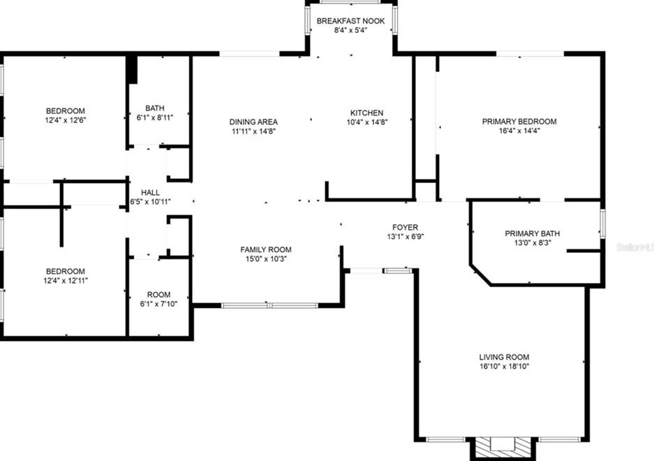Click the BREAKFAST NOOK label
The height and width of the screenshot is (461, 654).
tap(351, 21)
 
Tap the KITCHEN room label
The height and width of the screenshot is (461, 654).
tap(366, 112)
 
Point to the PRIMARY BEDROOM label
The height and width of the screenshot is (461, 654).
tap(519, 122)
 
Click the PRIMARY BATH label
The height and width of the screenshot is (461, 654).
tap(532, 233)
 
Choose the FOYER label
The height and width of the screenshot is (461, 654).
tap(405, 227)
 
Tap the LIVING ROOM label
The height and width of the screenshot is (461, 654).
tap(504, 357)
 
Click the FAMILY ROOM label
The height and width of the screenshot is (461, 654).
tap(266, 249)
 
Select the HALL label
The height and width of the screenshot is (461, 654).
tap(150, 192)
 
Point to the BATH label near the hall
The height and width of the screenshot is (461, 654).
tap(155, 108)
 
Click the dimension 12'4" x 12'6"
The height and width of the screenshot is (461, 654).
tap(66, 120)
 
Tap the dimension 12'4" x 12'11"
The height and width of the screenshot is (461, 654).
tap(66, 280)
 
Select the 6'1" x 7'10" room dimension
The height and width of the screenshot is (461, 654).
tap(158, 304)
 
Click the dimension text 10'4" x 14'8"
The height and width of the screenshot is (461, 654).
tap(366, 122)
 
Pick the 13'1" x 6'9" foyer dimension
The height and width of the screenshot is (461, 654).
tap(405, 236)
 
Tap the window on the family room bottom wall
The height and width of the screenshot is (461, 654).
tap(269, 305)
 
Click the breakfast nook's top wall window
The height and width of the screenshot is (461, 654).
tap(351, 2)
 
